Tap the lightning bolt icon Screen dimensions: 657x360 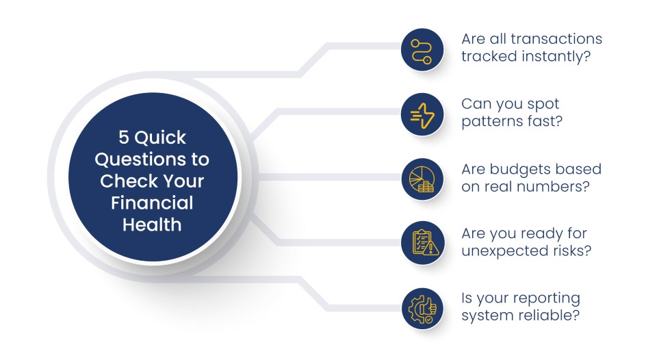pyautogui.click(x=422, y=116)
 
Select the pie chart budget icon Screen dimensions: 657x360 pyautogui.click(x=422, y=179)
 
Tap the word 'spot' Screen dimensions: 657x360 pyautogui.click(x=543, y=104)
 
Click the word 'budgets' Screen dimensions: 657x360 pyautogui.click(x=517, y=169)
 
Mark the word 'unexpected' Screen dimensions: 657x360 pyautogui.click(x=497, y=251)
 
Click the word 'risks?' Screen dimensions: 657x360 pyautogui.click(x=563, y=250)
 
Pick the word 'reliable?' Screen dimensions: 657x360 pyautogui.click(x=552, y=315)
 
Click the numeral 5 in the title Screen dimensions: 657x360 pyautogui.click(x=123, y=138)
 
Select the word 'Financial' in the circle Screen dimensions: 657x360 pyautogui.click(x=152, y=203)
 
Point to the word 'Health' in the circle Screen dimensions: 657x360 pyautogui.click(x=152, y=224)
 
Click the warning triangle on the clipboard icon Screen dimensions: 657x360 pyautogui.click(x=431, y=249)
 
